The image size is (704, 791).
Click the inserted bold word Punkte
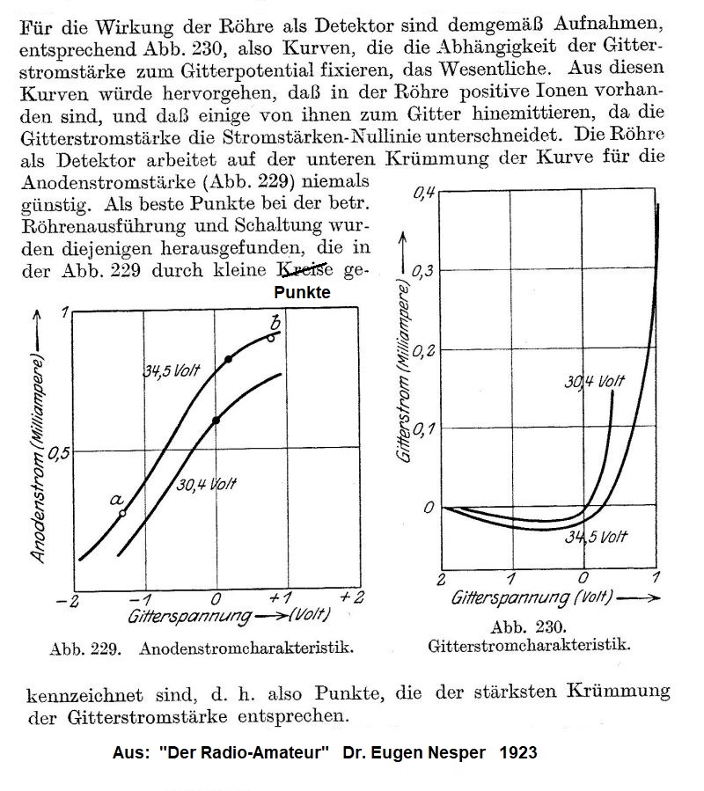point(303,293)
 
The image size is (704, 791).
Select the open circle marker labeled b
point(271,337)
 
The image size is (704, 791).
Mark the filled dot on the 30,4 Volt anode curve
point(216,421)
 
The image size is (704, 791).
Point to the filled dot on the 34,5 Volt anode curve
point(229,359)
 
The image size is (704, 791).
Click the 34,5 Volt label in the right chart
point(597,537)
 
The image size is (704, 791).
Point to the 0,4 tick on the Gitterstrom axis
point(424,192)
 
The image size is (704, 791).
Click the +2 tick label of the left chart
point(352,598)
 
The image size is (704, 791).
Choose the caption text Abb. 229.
point(79,650)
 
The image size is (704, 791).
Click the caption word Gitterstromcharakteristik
point(529,644)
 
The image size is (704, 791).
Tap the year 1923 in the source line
point(517,753)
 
